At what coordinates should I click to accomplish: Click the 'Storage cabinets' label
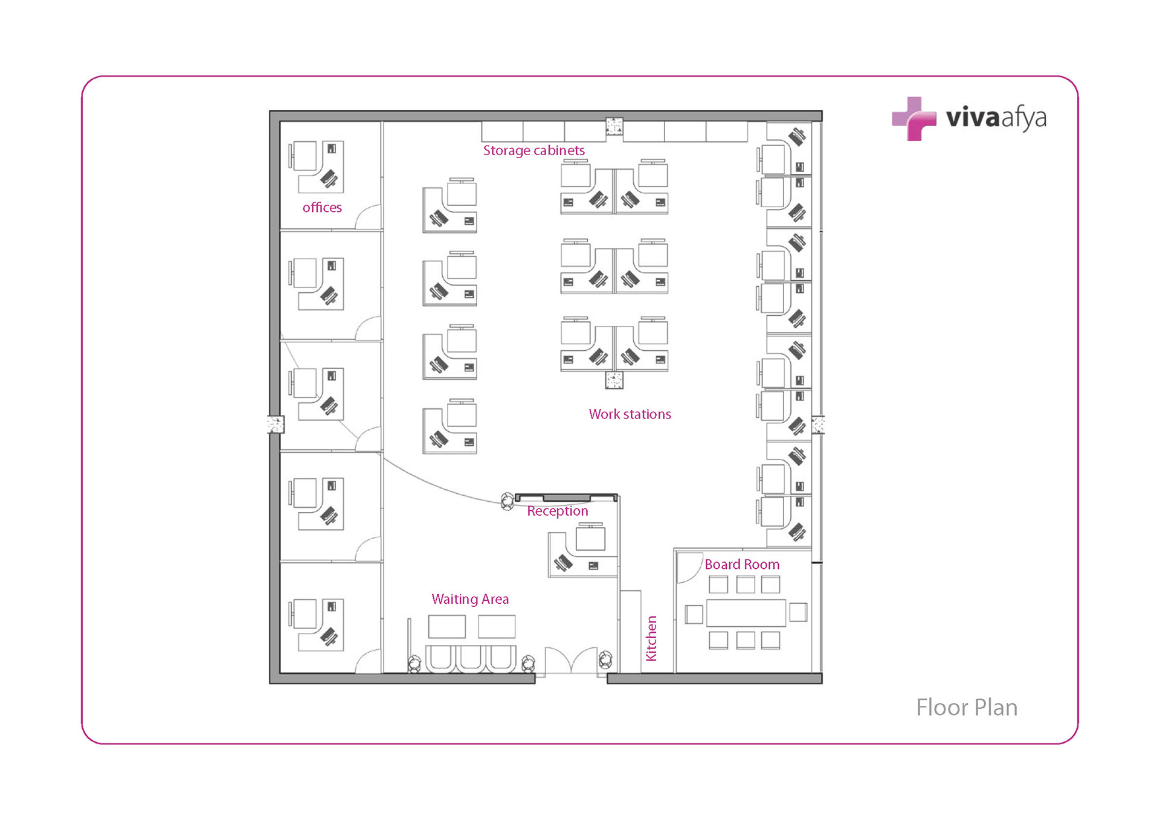[533, 150]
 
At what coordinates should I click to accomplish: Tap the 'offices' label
[322, 208]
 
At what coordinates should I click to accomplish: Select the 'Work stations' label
[630, 414]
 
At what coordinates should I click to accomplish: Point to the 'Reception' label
[557, 511]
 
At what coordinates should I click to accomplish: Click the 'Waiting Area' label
[470, 599]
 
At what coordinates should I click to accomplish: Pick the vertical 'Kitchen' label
[651, 638]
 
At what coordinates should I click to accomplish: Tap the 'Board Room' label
[742, 565]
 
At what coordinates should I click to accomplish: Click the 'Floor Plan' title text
[966, 708]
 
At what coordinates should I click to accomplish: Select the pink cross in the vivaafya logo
[913, 119]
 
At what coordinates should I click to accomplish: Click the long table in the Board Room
[746, 613]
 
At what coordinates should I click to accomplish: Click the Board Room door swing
[689, 568]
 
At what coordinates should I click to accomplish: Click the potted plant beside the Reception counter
[507, 501]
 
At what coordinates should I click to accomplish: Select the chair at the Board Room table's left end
[694, 614]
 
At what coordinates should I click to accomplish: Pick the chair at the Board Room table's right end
[797, 612]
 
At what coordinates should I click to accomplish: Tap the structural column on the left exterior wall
[275, 424]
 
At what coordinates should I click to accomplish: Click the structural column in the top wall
[614, 127]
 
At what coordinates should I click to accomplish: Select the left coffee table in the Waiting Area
[446, 626]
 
